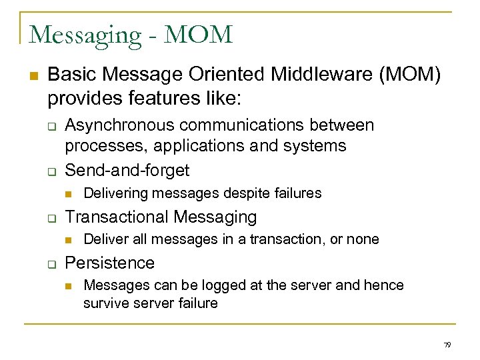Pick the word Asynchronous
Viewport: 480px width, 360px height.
[117, 125]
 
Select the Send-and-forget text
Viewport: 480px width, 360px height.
[127, 171]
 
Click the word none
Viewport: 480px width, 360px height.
[363, 239]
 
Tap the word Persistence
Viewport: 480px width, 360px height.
[109, 263]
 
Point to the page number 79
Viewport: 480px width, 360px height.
[447, 345]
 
